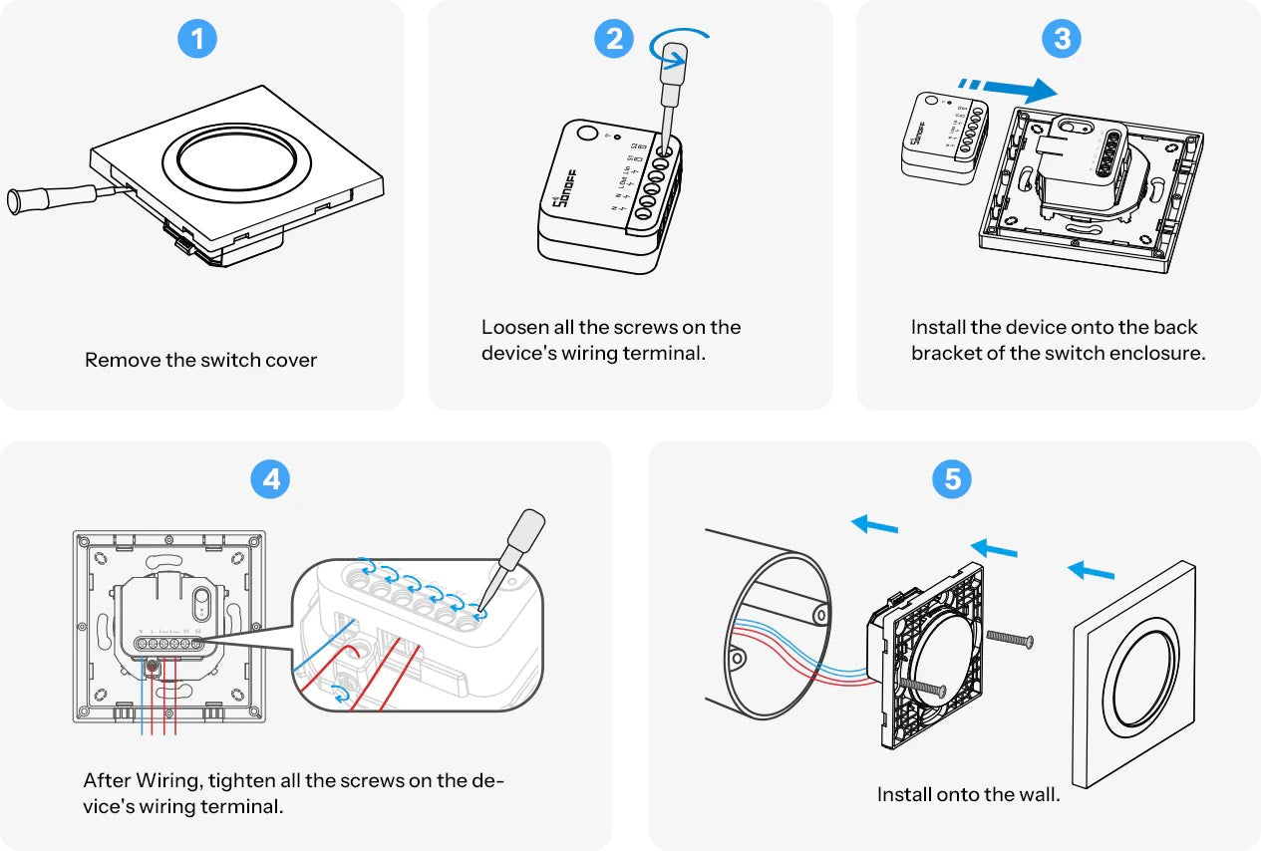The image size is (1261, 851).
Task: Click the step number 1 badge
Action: [196, 39]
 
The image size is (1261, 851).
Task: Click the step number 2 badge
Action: [614, 39]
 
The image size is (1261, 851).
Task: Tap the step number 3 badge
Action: [1062, 39]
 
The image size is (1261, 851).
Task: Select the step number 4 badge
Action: [269, 480]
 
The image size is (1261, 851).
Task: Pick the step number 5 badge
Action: [952, 480]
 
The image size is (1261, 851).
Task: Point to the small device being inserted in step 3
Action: [942, 136]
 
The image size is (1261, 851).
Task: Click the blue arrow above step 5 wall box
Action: [875, 523]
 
